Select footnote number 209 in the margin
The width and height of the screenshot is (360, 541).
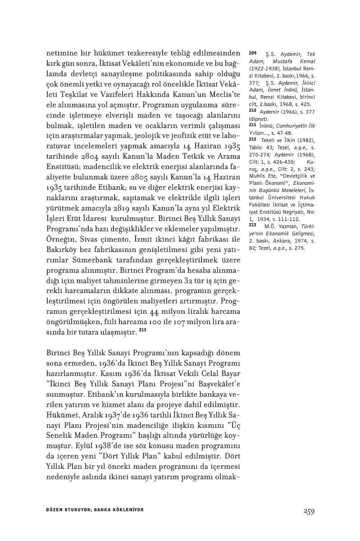(252, 53)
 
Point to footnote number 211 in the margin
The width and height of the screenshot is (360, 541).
(252, 124)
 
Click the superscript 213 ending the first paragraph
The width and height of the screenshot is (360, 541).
(142, 330)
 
